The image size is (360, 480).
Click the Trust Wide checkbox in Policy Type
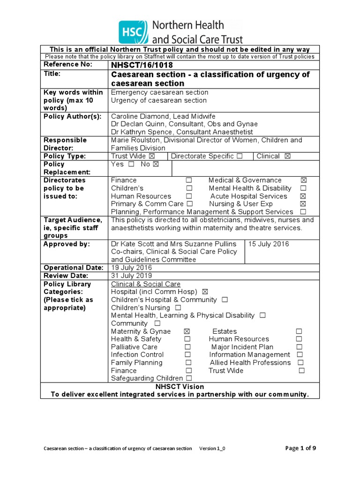151,156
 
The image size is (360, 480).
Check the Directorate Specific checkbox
240,156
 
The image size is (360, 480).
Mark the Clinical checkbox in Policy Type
287,156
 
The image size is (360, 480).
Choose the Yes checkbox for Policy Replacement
131,164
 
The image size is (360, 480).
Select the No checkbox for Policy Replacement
156,164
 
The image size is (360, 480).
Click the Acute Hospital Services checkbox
303,196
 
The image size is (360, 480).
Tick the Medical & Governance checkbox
303,180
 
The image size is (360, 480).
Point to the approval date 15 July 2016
269,244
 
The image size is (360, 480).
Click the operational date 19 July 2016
131,268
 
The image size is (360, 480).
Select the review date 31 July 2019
131,276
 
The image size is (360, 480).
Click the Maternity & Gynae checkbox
187,331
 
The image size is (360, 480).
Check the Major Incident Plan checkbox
300,347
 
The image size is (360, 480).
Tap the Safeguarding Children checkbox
188,378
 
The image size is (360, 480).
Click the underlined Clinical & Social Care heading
145,284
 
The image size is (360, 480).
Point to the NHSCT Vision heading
180,387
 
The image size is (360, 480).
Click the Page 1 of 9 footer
300,448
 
